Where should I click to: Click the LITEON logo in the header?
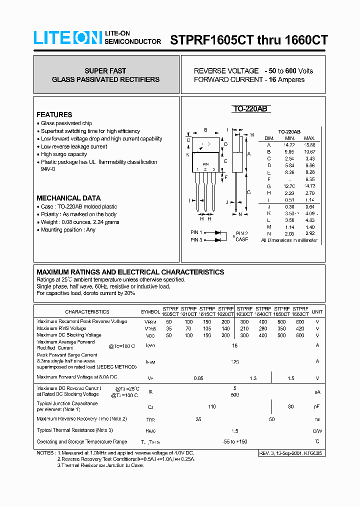pyautogui.click(x=67, y=38)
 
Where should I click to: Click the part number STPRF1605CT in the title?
pyautogui.click(x=212, y=39)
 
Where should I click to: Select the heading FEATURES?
pyautogui.click(x=54, y=114)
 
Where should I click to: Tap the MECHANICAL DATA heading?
pyautogui.click(x=68, y=198)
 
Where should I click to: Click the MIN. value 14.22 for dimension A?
pyautogui.click(x=290, y=145)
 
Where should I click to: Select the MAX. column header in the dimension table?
pyautogui.click(x=309, y=138)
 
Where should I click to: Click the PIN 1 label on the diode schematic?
pyautogui.click(x=196, y=232)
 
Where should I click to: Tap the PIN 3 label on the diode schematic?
pyautogui.click(x=196, y=240)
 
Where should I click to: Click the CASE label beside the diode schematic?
pyautogui.click(x=241, y=239)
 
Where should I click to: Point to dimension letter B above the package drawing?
pyautogui.click(x=205, y=130)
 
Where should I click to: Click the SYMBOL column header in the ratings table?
pyautogui.click(x=150, y=311)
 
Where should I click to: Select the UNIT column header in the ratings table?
pyautogui.click(x=317, y=311)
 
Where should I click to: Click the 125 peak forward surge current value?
pyautogui.click(x=234, y=361)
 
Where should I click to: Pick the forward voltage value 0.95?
pyautogui.click(x=198, y=378)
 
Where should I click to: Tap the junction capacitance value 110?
pyautogui.click(x=212, y=406)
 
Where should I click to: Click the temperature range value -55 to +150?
pyautogui.click(x=234, y=441)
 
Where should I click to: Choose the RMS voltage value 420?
pyautogui.click(x=299, y=328)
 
